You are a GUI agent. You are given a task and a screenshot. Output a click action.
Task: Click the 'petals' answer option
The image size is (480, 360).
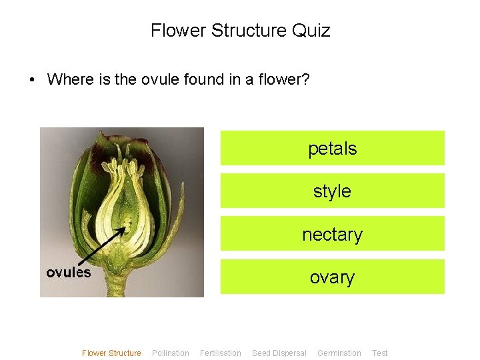pyautogui.click(x=332, y=148)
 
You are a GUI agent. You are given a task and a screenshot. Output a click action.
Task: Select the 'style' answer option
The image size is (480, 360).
pyautogui.click(x=332, y=191)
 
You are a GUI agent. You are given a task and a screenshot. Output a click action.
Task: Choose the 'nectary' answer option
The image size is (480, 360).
pyautogui.click(x=332, y=234)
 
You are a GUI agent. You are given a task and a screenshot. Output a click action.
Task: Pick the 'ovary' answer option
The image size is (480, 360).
pyautogui.click(x=332, y=277)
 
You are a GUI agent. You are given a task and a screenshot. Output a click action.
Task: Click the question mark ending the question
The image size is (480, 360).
pyautogui.click(x=305, y=80)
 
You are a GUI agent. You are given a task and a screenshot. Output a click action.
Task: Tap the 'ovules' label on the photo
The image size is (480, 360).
pyautogui.click(x=69, y=272)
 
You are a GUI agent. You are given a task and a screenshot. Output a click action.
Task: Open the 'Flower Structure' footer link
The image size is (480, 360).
pyautogui.click(x=111, y=353)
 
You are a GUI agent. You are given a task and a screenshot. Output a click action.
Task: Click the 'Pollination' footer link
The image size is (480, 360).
pyautogui.click(x=171, y=353)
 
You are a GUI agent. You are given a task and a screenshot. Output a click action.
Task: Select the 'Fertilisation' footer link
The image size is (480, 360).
pyautogui.click(x=221, y=353)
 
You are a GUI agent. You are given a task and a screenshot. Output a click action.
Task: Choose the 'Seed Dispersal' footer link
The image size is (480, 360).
pyautogui.click(x=279, y=353)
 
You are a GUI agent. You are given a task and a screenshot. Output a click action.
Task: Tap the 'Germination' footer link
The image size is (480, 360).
pyautogui.click(x=339, y=353)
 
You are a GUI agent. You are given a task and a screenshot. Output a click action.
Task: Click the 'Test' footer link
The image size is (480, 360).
pyautogui.click(x=380, y=353)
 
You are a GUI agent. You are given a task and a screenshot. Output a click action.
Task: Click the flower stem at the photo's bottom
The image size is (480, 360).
pyautogui.click(x=118, y=285)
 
